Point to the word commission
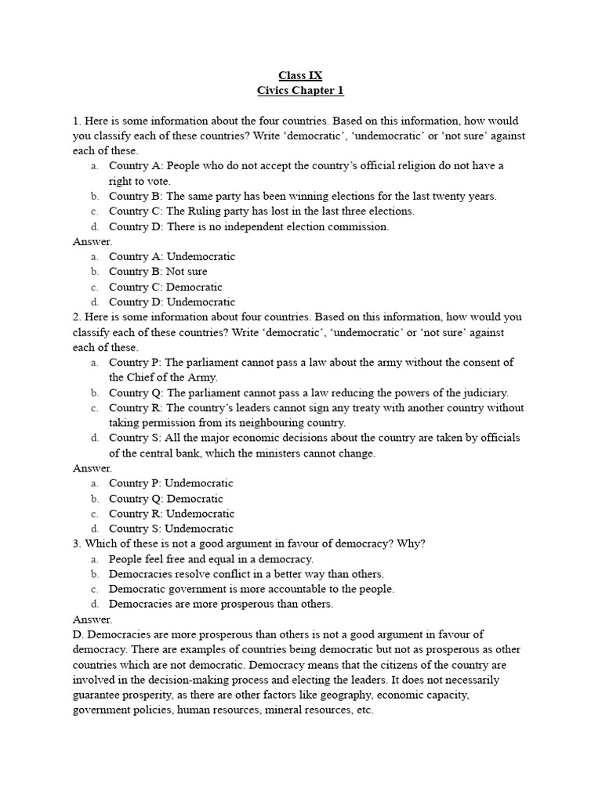(x=360, y=226)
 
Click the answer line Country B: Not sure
(x=158, y=272)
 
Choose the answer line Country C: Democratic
(x=165, y=287)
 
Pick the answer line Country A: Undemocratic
(x=172, y=257)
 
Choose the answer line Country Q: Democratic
(x=165, y=499)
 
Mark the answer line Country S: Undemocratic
(x=170, y=529)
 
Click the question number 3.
(x=76, y=544)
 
